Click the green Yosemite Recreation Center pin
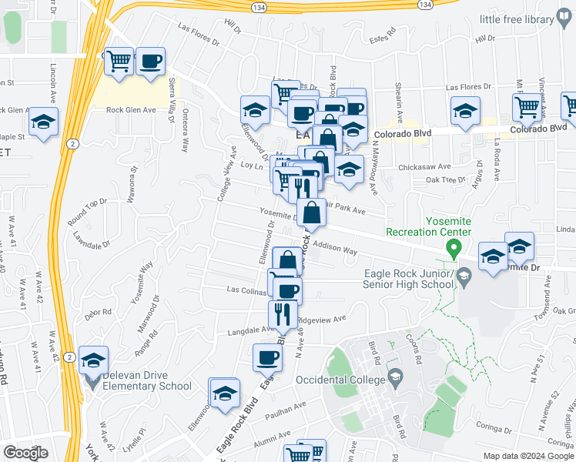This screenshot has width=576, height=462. (x=454, y=249)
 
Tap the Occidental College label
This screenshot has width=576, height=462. (x=340, y=380)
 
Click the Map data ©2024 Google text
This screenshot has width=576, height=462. (x=527, y=456)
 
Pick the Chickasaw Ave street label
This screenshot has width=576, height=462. (x=422, y=166)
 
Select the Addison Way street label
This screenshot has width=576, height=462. (x=334, y=251)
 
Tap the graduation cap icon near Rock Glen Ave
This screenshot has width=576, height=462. (x=44, y=122)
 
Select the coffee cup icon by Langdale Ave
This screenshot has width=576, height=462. (x=268, y=357)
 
